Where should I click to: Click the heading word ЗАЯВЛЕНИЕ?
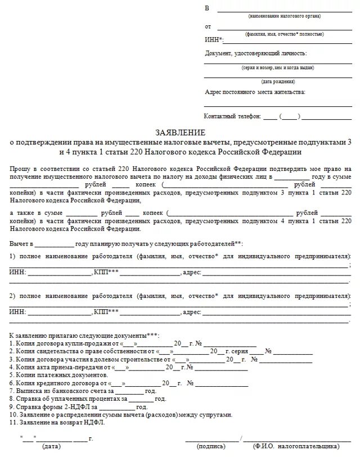point(181,133)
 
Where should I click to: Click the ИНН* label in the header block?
point(214,39)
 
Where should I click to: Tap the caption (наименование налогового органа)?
point(277,16)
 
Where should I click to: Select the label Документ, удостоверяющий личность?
point(256,53)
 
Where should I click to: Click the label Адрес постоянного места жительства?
point(255,92)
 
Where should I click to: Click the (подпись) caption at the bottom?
point(211,446)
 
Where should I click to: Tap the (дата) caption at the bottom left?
point(51,446)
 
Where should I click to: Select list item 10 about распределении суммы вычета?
point(120,414)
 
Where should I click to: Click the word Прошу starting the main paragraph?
point(19,168)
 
